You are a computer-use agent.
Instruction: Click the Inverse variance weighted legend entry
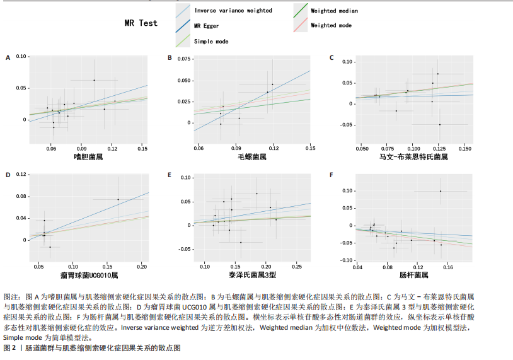[233, 11]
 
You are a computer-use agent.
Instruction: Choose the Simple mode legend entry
[211, 41]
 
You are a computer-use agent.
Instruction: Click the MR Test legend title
[141, 23]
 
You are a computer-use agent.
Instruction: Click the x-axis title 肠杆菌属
[413, 276]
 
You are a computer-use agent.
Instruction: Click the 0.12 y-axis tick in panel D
[21, 174]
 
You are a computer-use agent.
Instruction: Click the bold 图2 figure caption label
[11, 348]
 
